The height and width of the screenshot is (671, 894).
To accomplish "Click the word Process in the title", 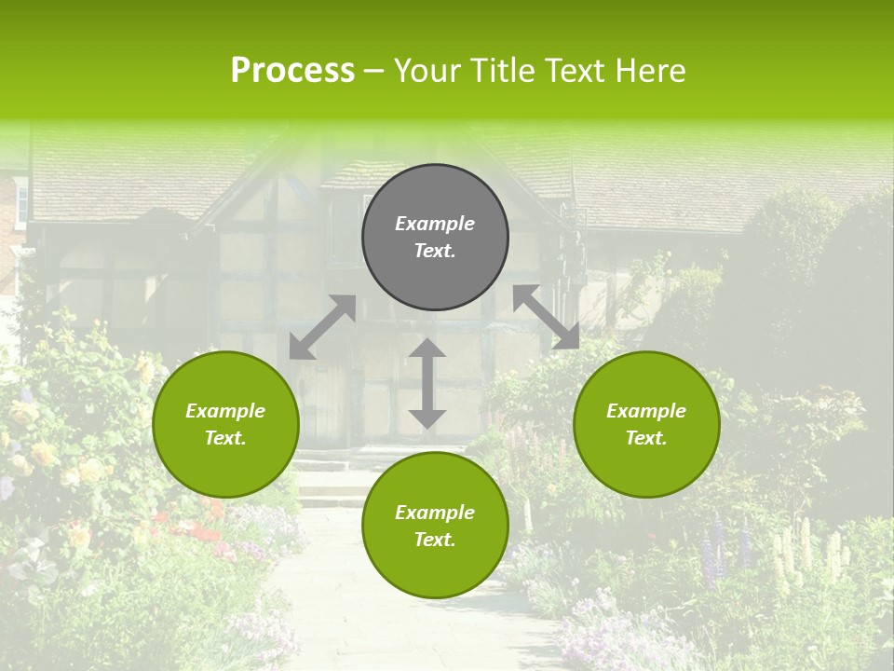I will click(292, 71).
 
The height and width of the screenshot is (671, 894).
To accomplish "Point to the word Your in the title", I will click(429, 71).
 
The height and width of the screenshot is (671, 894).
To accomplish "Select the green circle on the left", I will click(225, 457).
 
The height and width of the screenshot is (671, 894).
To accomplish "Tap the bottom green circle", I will click(435, 563).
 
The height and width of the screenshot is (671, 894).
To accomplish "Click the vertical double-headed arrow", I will click(427, 384).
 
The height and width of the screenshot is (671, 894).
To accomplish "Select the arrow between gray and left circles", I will click(322, 327).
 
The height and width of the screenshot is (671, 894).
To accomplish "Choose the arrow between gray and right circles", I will click(547, 317).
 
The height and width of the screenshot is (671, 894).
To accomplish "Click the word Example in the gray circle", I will click(435, 224).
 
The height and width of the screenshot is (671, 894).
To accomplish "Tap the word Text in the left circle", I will click(225, 438).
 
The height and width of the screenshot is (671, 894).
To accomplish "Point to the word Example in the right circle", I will click(646, 411).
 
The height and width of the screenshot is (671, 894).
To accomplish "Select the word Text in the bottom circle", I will click(435, 540).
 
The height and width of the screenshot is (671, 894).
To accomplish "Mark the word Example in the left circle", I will click(225, 411).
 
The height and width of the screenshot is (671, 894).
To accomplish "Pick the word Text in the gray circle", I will click(435, 251).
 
